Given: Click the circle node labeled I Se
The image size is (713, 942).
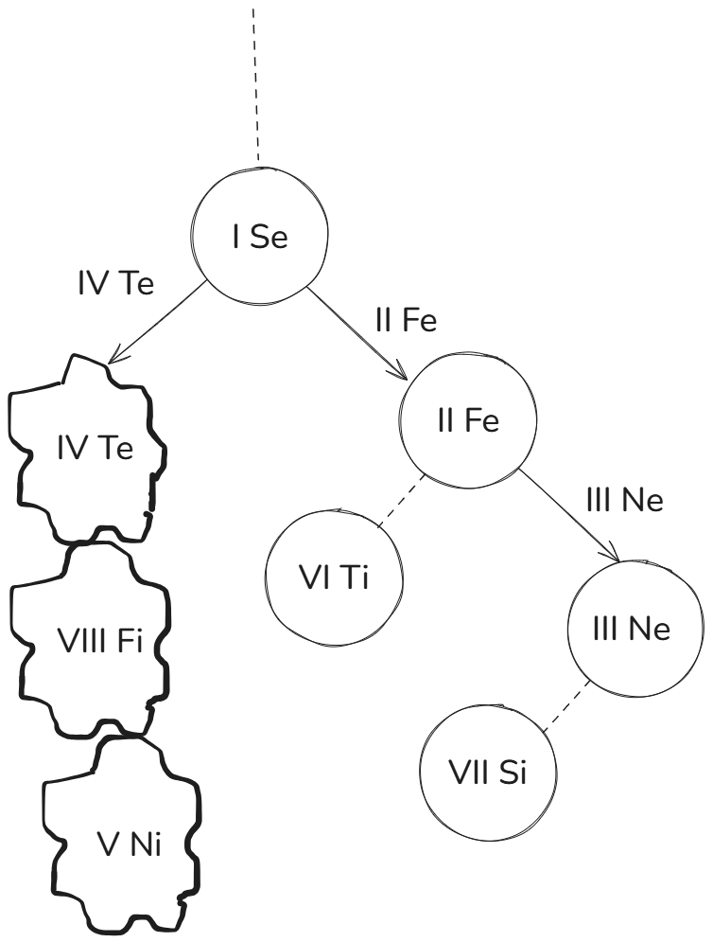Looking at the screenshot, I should [259, 238].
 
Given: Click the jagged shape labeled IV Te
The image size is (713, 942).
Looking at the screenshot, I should [91, 449].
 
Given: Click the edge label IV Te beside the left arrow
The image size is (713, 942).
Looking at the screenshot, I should [115, 284].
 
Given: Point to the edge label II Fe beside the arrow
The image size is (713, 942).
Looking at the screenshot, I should [406, 321].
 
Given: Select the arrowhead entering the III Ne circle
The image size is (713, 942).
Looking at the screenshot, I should [616, 557].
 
